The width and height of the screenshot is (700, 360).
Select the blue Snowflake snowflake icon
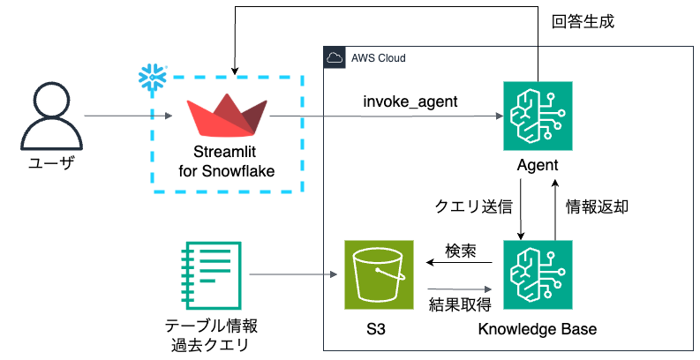153,77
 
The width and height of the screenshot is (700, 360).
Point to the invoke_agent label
410,101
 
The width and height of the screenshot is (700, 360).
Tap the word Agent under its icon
538,166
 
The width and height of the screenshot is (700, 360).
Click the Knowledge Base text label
537,330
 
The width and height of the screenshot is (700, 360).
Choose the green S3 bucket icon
378,274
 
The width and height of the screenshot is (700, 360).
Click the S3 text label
377,330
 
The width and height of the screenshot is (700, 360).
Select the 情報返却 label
597,207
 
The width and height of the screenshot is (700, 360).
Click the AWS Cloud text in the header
378,59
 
